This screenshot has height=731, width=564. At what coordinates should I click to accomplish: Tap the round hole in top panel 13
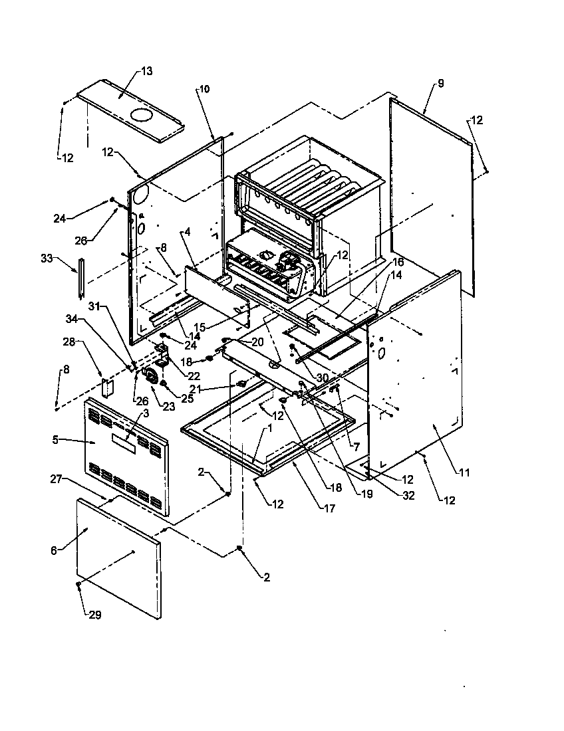pyautogui.click(x=142, y=116)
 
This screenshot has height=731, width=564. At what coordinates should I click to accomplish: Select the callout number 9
pyautogui.click(x=440, y=83)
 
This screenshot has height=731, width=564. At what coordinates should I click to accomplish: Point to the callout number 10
pyautogui.click(x=204, y=89)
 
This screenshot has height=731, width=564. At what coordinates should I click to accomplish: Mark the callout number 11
pyautogui.click(x=464, y=472)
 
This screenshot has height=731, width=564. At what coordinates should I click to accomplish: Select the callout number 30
pyautogui.click(x=323, y=377)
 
